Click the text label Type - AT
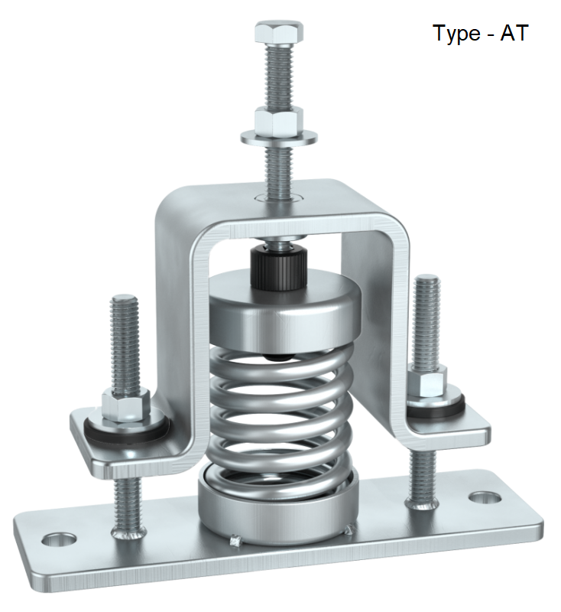(480, 34)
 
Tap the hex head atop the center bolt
(277, 32)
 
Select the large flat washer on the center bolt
(280, 138)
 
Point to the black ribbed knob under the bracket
(280, 266)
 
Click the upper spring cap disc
(279, 314)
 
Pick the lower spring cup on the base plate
(277, 509)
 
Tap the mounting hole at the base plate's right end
(480, 498)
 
